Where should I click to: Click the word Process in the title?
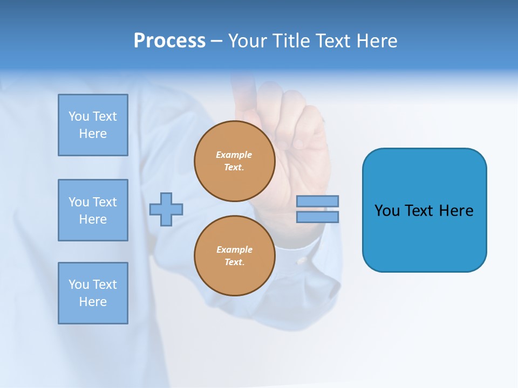(169, 41)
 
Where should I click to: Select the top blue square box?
(93, 125)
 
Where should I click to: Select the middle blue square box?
(93, 210)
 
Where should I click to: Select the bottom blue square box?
(93, 293)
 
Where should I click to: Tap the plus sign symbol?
(166, 209)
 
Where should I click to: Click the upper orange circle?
(234, 161)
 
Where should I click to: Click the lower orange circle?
(234, 255)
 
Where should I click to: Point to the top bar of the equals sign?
(317, 201)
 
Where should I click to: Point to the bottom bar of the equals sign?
(317, 217)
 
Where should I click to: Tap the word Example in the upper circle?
(234, 155)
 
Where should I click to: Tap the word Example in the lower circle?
(234, 250)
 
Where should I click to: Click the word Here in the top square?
(93, 134)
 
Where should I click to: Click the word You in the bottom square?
(79, 285)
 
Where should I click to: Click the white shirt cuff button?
(302, 261)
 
